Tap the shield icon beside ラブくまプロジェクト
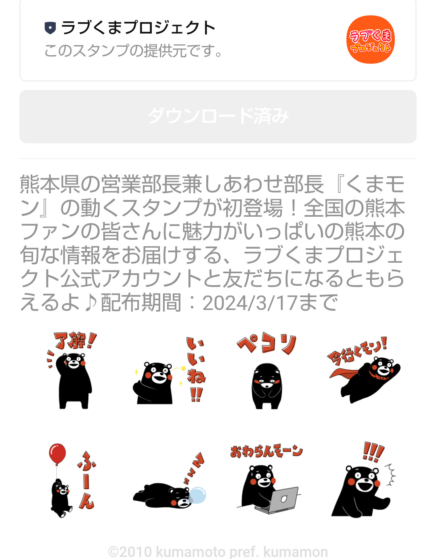(50, 28)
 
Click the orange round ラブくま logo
(370, 40)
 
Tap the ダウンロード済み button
(218, 117)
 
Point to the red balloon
(57, 454)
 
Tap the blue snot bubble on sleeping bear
(198, 495)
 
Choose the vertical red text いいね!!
(196, 369)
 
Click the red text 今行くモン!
(356, 351)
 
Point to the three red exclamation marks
(373, 452)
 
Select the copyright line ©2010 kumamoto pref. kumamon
(218, 552)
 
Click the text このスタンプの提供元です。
(133, 51)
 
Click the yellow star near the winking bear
(183, 368)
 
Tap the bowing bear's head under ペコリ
(266, 376)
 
